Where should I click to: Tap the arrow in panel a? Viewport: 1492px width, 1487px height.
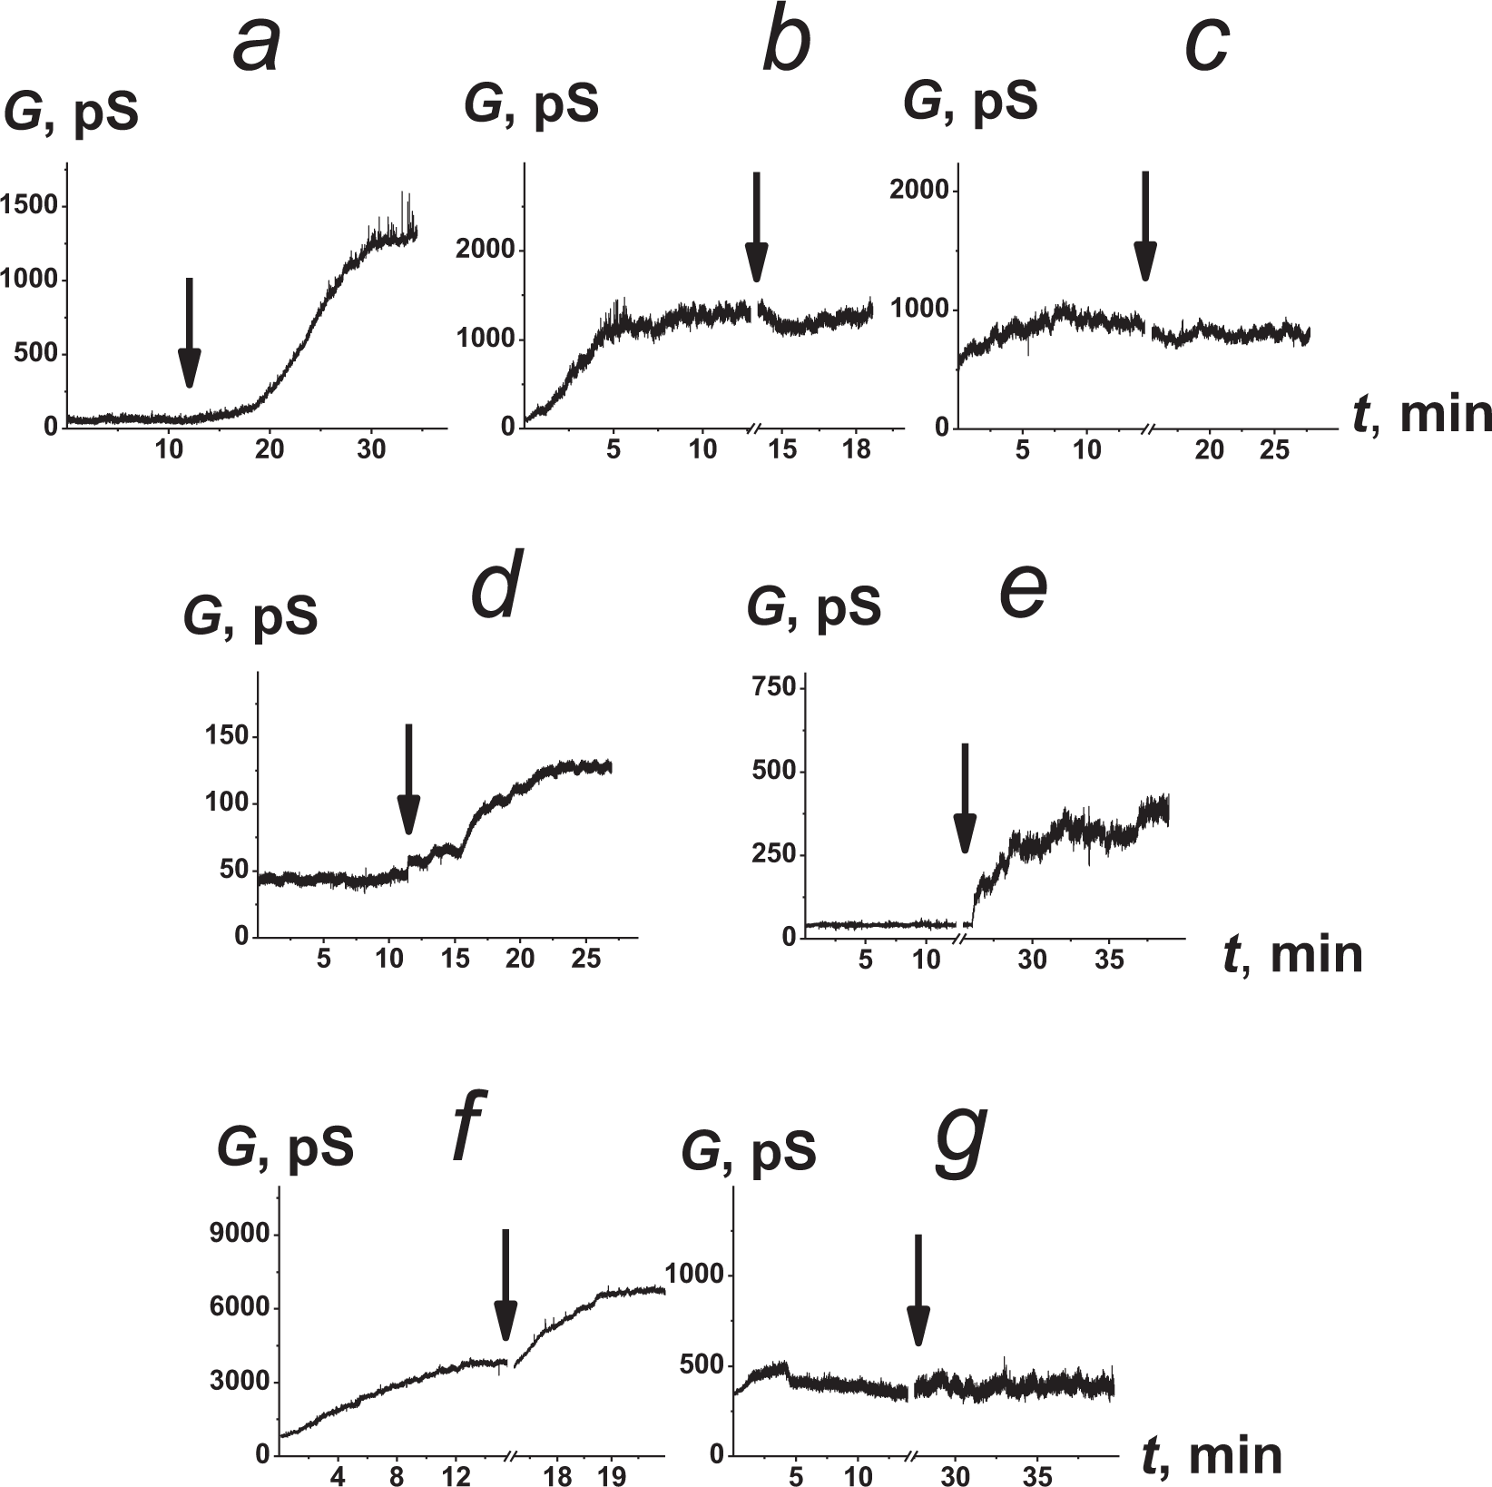tap(188, 332)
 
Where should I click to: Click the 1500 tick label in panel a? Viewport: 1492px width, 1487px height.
tap(30, 206)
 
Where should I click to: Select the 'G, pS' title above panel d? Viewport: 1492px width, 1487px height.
tap(250, 616)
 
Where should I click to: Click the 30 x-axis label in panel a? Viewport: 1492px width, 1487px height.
tap(370, 450)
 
